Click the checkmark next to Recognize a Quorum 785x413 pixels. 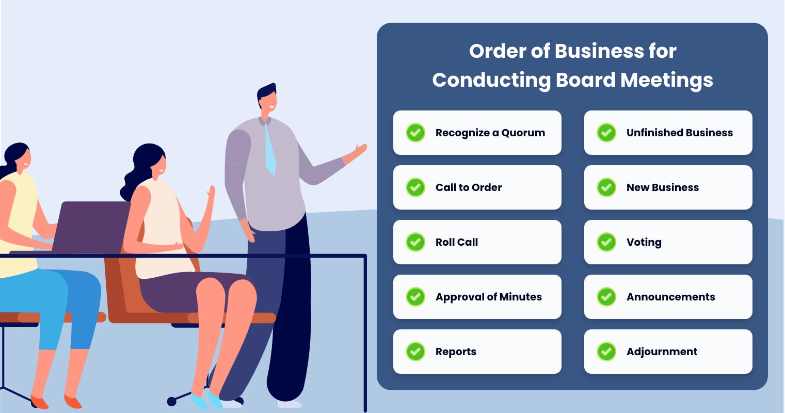415,133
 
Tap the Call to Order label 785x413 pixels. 469,187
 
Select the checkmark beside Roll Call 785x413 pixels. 415,242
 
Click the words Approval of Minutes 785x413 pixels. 488,297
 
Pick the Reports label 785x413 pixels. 456,352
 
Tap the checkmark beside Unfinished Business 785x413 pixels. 606,133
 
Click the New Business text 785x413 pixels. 662,187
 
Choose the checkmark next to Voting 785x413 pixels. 606,242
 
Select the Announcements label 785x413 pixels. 670,297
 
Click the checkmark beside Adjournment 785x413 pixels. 606,352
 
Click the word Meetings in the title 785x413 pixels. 667,80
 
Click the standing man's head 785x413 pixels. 268,98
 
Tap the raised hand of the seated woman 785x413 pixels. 211,194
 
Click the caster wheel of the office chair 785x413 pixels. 172,401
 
